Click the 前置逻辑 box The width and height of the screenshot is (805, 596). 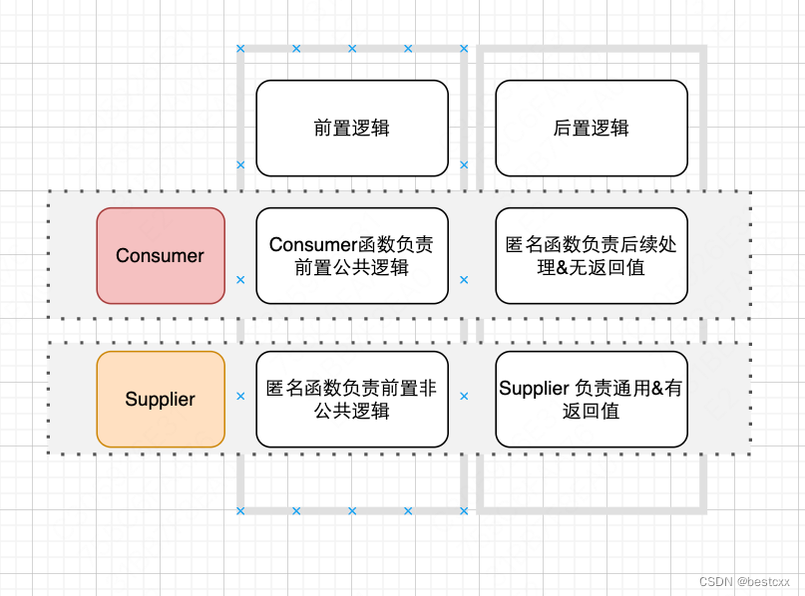coord(351,128)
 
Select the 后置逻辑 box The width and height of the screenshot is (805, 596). coord(591,128)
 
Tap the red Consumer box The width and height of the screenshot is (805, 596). coord(160,255)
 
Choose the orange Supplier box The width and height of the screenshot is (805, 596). coord(160,399)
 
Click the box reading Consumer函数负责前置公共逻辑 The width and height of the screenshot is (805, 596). coord(351,255)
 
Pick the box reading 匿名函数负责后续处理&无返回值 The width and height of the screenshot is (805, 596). coord(591,255)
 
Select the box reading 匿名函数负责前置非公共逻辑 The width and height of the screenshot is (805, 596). coord(351,399)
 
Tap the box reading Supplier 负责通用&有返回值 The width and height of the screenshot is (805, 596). coord(591,399)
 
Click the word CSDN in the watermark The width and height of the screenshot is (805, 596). coord(715,581)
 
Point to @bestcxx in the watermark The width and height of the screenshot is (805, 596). coord(764,581)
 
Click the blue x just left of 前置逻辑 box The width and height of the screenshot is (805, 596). coord(240,164)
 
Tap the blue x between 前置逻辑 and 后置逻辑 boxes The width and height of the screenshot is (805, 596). coord(464,164)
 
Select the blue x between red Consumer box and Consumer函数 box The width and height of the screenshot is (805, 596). coord(240,280)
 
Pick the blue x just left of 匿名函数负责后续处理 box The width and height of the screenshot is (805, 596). coord(464,280)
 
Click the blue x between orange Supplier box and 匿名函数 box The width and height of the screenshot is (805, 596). coord(240,396)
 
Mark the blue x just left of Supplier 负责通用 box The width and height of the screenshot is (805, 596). coord(464,396)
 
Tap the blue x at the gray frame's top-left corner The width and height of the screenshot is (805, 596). coord(240,48)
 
